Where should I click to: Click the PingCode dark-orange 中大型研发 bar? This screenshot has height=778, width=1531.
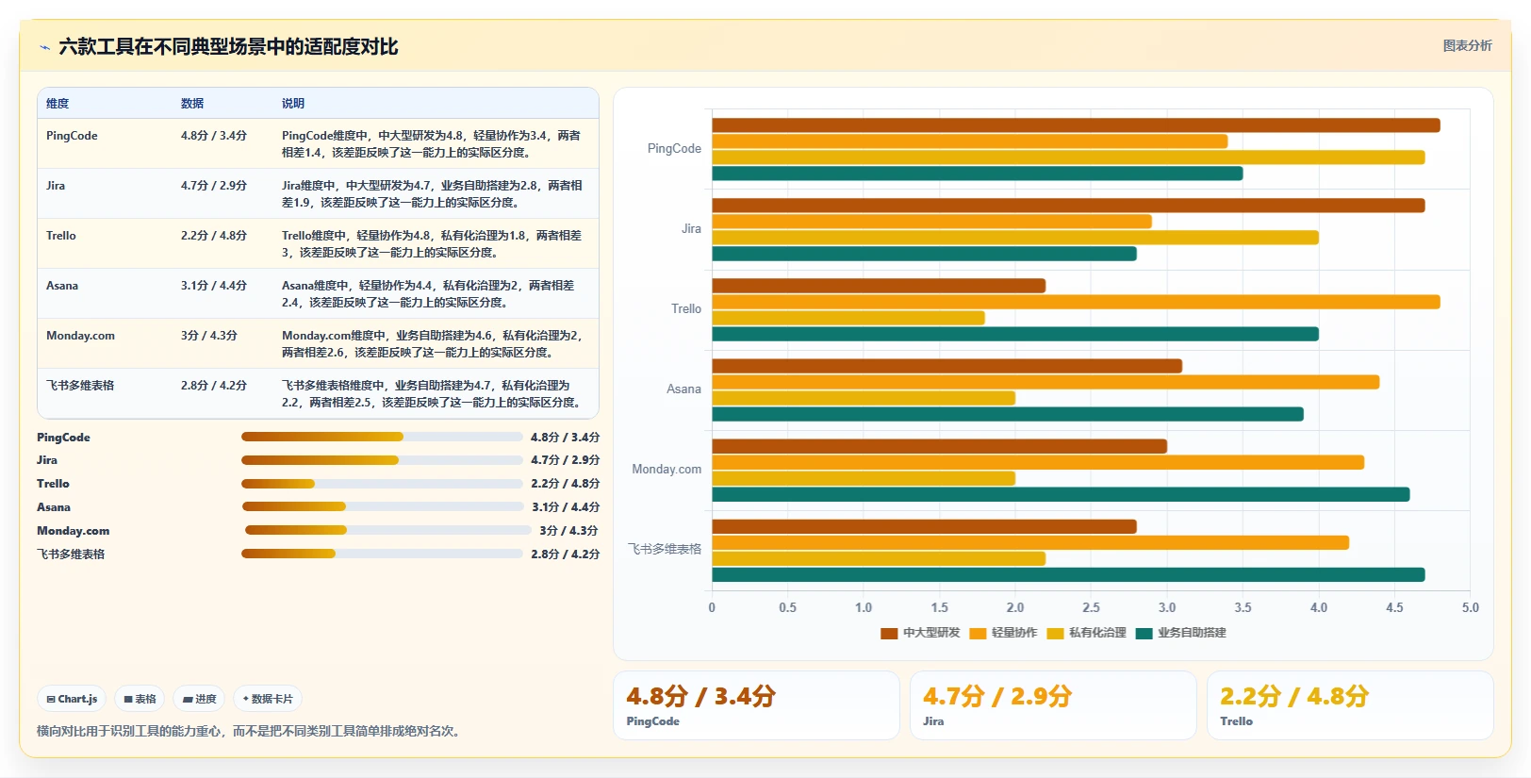[x=1076, y=125]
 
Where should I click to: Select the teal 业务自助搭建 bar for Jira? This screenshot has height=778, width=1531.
[x=924, y=254]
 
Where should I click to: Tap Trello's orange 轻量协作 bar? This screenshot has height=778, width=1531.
[x=1076, y=302]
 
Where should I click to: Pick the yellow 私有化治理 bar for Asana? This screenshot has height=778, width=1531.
[x=864, y=398]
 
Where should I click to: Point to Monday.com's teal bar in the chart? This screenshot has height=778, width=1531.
[x=1061, y=494]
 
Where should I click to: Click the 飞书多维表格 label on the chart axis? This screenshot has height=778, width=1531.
[x=665, y=549]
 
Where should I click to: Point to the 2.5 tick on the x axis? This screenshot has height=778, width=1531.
[x=1091, y=607]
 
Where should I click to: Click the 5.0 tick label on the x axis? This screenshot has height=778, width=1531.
[x=1470, y=607]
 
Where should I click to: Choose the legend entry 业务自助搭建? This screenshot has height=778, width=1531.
[x=1181, y=633]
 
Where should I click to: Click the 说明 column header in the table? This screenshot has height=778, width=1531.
[x=292, y=103]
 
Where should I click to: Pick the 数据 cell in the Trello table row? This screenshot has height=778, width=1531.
[x=213, y=235]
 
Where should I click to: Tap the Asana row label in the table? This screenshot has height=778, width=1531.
[x=62, y=285]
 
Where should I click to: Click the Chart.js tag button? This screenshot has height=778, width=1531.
[x=72, y=699]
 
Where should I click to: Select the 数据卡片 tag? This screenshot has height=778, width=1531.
[x=267, y=699]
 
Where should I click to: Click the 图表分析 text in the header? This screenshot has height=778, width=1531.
[x=1468, y=46]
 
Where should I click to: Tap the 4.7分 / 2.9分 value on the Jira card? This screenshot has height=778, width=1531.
[x=997, y=696]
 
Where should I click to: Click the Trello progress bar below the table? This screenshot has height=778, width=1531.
[x=382, y=484]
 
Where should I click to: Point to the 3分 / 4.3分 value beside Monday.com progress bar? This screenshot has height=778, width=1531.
[x=568, y=531]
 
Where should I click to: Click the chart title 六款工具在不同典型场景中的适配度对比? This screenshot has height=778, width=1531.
[x=228, y=46]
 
